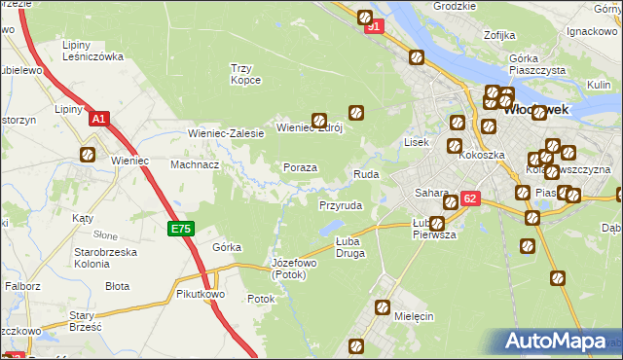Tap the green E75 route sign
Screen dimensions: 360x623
182,230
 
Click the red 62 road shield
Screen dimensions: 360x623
470,198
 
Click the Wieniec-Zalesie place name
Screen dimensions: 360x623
226,133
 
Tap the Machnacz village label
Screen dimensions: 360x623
195,164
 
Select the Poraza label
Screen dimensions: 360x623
300,167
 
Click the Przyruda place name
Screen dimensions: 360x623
341,206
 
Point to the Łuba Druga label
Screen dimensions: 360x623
349,247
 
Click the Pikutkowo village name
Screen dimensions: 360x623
202,293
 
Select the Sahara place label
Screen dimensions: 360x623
430,193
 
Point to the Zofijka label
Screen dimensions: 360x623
498,36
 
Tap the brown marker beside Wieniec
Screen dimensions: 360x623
88,154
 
